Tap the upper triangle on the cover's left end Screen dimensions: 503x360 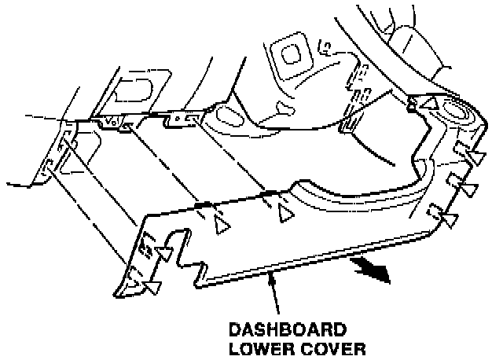point(166,253)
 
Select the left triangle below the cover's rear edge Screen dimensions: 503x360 point(223,226)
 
